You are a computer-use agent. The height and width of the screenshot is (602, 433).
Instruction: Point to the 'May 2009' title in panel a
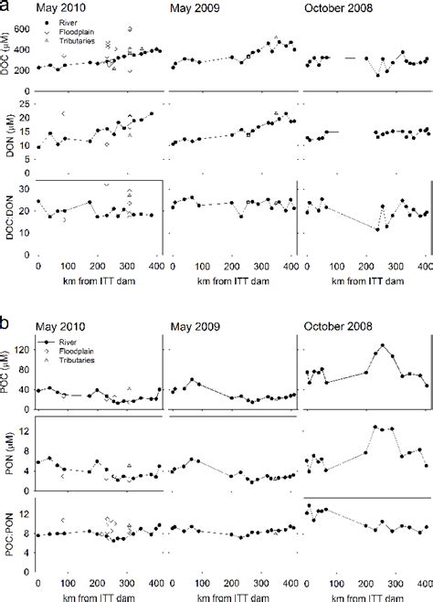198,8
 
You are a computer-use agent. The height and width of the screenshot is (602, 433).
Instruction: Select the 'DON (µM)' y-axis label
7,133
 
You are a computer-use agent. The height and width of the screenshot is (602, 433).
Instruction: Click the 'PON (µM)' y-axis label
7,448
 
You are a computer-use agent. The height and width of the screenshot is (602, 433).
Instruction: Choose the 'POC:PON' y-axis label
7,525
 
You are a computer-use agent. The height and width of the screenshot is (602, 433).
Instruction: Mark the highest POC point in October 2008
383,345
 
